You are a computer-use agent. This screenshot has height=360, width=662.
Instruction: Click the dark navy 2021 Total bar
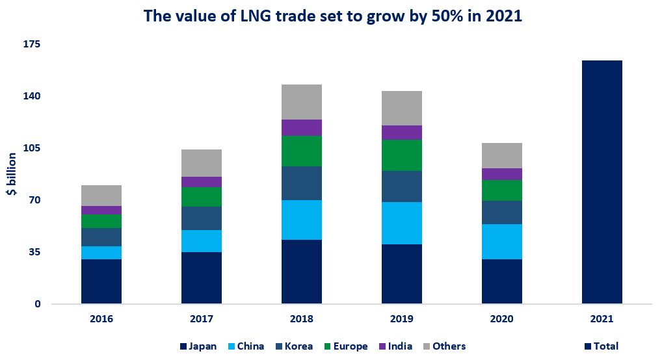[602, 182]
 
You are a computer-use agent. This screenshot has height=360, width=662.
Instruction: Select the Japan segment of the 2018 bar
[302, 272]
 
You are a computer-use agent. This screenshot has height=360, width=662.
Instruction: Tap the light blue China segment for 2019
[402, 223]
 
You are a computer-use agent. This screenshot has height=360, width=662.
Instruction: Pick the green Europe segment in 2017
[202, 197]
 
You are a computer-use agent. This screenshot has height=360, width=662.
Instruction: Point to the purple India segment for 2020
[502, 174]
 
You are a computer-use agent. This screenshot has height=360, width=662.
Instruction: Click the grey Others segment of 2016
[101, 196]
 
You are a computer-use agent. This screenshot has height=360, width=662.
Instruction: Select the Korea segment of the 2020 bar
[502, 212]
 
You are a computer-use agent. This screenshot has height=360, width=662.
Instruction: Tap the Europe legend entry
[345, 346]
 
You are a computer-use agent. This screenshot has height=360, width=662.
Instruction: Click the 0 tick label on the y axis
[37, 304]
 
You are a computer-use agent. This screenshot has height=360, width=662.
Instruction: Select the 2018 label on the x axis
[302, 319]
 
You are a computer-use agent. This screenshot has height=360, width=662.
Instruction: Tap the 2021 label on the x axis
[602, 319]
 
